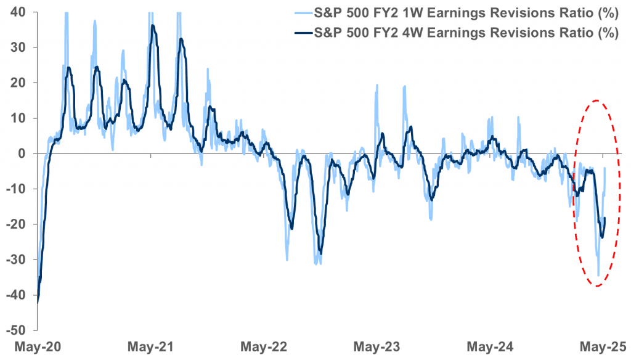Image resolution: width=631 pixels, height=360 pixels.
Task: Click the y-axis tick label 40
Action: [17, 12]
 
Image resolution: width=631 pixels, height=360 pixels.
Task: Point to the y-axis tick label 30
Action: [17, 47]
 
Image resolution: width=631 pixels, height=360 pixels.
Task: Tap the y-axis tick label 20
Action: [17, 83]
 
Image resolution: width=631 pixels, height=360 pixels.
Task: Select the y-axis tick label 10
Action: [17, 118]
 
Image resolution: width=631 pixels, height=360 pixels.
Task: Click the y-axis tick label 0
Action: [20, 153]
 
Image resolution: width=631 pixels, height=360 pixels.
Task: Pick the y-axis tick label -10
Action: [14, 189]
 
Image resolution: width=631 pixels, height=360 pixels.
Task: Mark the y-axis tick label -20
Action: [14, 224]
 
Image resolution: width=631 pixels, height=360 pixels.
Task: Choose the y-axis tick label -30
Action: [14, 260]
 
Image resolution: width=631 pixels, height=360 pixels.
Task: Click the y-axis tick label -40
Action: [14, 295]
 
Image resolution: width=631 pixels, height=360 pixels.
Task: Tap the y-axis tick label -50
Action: [14, 330]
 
